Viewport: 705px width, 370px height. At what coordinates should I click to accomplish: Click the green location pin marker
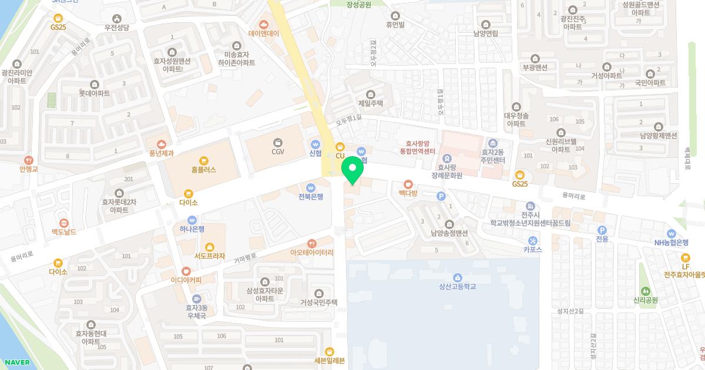pos(352,171)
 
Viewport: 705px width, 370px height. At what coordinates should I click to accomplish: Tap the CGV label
pos(278,152)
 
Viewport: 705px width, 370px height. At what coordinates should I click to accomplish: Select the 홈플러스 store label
pos(204,169)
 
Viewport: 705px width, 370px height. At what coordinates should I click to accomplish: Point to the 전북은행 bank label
pos(311,196)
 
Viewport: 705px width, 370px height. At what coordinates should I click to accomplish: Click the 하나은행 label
pos(192,228)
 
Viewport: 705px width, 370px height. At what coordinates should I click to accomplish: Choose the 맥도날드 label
pos(64,232)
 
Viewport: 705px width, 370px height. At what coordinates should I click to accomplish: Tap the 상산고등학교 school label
pos(457,286)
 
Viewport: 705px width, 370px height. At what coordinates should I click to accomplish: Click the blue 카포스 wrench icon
pos(532,240)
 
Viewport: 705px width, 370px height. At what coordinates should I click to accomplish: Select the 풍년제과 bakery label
pos(161,152)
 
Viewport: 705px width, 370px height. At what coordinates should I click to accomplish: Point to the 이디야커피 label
pos(186,280)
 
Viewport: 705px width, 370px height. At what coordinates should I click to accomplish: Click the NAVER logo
pos(17,362)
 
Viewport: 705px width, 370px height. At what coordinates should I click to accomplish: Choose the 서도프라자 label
pos(210,255)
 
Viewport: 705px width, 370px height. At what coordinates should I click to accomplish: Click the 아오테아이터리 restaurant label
pos(311,252)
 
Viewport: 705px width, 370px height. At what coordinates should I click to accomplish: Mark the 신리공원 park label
pos(645,300)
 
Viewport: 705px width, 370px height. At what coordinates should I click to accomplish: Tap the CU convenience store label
pos(340,155)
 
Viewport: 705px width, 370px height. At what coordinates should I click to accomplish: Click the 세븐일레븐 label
pos(330,360)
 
